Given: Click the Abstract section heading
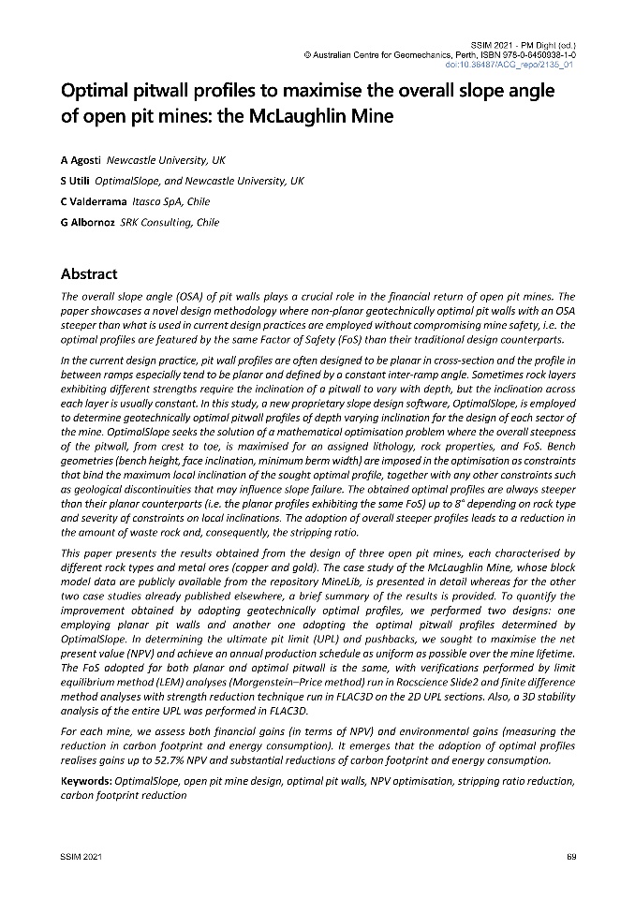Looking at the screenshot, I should pos(89,274).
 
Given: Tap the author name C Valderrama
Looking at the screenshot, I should pos(92,200).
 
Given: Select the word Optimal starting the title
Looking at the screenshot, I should pos(95,92).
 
